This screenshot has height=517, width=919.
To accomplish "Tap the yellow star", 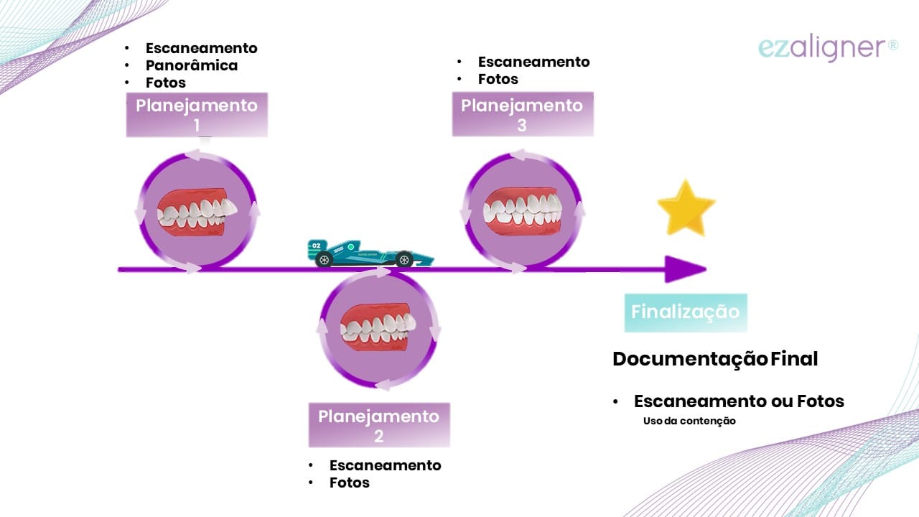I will [686, 209].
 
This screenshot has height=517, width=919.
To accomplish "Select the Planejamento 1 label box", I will [197, 115].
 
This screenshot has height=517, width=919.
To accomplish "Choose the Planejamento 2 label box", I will [378, 425].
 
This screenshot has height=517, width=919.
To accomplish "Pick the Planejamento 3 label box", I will [522, 115].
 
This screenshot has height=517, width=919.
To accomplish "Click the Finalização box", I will [685, 312].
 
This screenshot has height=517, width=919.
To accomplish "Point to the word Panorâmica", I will [191, 65].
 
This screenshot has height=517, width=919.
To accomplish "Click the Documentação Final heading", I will [715, 359].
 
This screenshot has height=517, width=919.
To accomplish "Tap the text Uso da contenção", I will [689, 421].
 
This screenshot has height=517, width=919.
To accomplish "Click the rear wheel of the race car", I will [324, 260].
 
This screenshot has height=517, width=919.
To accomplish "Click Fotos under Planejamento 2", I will [349, 483].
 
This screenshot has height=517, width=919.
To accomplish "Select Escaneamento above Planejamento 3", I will [533, 62].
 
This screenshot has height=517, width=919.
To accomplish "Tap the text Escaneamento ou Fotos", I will [739, 401].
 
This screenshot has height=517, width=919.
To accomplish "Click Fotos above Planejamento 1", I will [165, 83].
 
